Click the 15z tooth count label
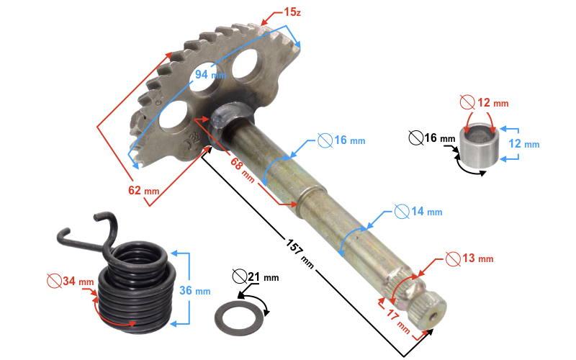(x=292, y=12)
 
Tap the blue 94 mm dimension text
(x=210, y=75)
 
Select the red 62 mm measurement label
(x=143, y=190)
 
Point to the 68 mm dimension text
(x=243, y=169)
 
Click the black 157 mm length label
(x=300, y=253)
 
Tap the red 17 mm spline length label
(x=398, y=320)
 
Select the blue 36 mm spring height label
(x=194, y=291)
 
